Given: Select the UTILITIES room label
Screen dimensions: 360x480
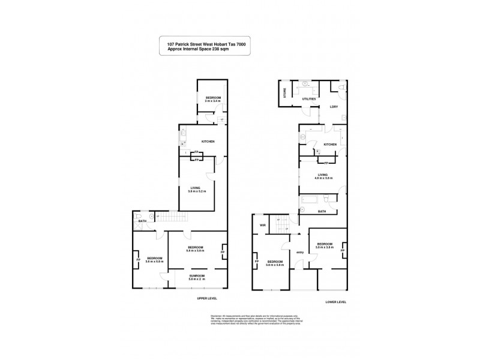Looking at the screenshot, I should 308,99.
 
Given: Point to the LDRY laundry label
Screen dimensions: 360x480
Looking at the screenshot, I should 334,107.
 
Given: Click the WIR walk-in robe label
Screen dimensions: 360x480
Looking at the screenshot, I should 262,226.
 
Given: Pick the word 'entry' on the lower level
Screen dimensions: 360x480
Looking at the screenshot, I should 300,253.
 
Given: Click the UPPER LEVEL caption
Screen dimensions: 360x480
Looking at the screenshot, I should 207,298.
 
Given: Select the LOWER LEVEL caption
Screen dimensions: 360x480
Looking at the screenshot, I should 333,302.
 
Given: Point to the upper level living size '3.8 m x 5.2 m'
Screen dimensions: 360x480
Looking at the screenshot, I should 197,191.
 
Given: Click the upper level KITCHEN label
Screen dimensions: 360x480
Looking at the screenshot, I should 208,142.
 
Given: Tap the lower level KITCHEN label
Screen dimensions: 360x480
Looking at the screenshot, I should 330,145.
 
